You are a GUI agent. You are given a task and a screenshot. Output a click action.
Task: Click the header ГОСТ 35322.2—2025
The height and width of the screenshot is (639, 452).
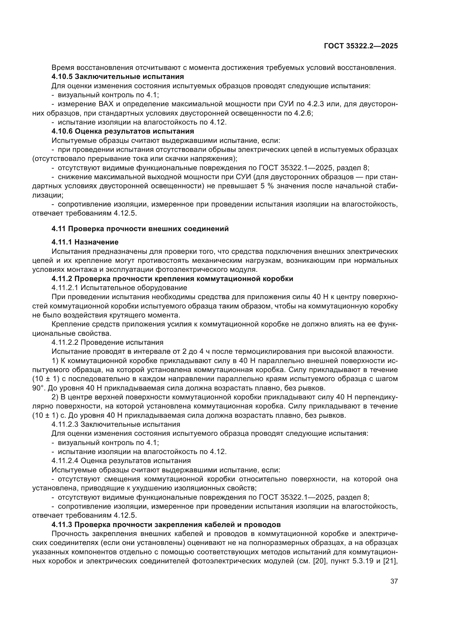[361, 46]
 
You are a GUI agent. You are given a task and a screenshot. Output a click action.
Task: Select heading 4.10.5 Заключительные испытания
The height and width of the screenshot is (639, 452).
[118, 76]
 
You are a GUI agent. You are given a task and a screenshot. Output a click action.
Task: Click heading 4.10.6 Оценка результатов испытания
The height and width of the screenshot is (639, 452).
[123, 131]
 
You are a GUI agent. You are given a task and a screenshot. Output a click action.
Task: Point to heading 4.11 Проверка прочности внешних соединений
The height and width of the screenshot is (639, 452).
[140, 229]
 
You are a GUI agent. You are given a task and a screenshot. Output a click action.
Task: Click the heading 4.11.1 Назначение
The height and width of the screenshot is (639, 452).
[85, 242]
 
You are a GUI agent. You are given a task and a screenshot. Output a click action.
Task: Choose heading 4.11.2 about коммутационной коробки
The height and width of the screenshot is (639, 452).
[172, 279]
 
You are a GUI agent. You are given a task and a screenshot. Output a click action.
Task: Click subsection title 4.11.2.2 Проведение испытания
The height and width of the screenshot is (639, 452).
[107, 342]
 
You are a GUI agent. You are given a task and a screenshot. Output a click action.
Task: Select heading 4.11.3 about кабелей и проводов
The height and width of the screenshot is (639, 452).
[166, 525]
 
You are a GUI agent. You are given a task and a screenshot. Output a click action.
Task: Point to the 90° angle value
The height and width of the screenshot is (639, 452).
[37, 388]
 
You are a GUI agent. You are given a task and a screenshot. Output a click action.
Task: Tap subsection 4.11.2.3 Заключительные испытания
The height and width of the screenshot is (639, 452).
[116, 425]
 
